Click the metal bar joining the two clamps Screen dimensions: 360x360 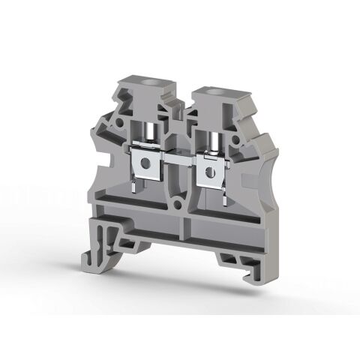click(176, 160)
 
